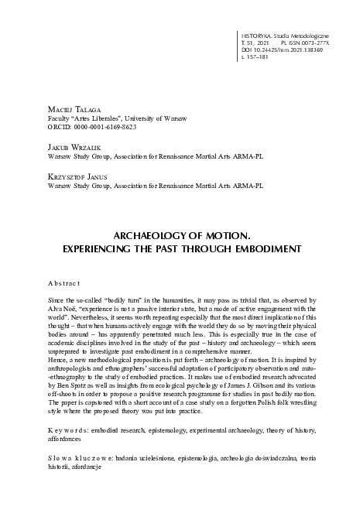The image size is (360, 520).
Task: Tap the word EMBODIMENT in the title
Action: coord(256,248)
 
